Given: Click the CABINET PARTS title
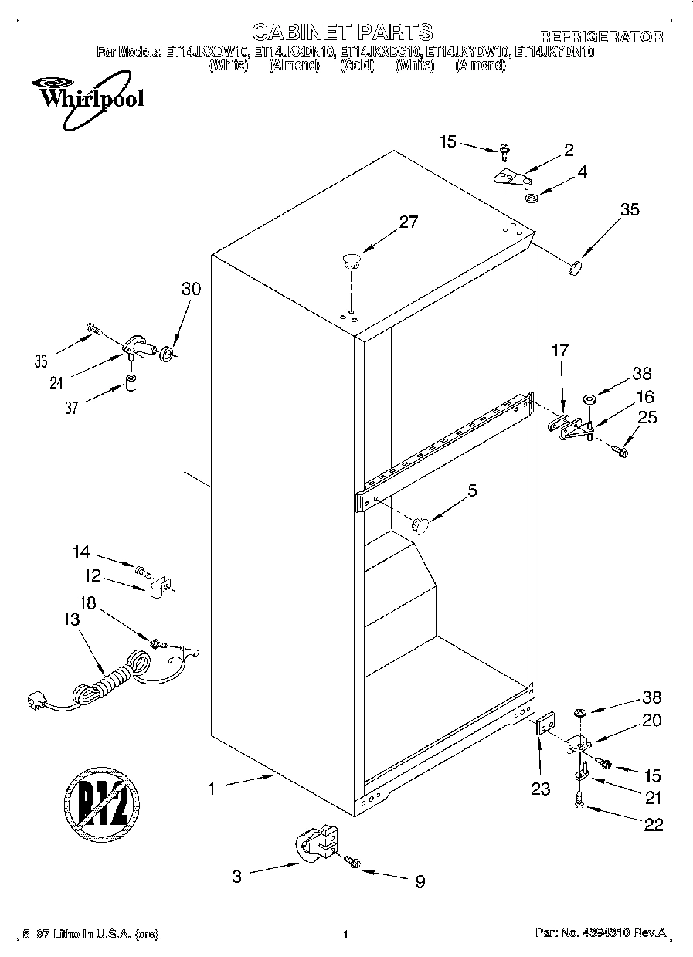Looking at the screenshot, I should click(x=342, y=32).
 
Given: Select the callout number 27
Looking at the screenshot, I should click(x=408, y=222).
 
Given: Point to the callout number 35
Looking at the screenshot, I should click(x=630, y=209).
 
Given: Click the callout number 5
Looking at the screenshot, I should click(x=472, y=490).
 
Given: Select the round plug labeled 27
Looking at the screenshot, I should click(x=351, y=260).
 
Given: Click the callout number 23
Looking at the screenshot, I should click(x=540, y=789).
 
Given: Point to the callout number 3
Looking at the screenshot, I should click(x=237, y=876).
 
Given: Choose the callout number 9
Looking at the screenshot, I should click(x=420, y=881).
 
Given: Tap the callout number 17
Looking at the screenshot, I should click(x=559, y=351).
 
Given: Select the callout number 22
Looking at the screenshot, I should click(x=653, y=824).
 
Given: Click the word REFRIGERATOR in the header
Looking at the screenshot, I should click(x=601, y=36).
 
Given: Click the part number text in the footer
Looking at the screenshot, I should click(x=600, y=933).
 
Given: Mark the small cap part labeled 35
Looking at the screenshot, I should click(x=574, y=266).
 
